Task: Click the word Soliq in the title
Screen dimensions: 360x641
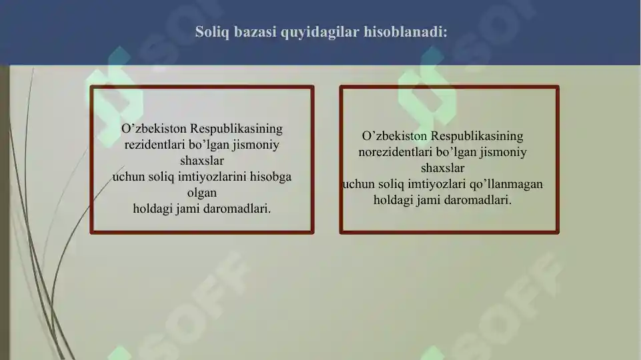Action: (x=211, y=31)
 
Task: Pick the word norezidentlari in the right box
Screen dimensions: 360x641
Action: (x=395, y=152)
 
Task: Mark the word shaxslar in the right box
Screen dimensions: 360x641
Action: (x=442, y=168)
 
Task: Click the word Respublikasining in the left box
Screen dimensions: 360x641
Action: (x=237, y=128)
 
